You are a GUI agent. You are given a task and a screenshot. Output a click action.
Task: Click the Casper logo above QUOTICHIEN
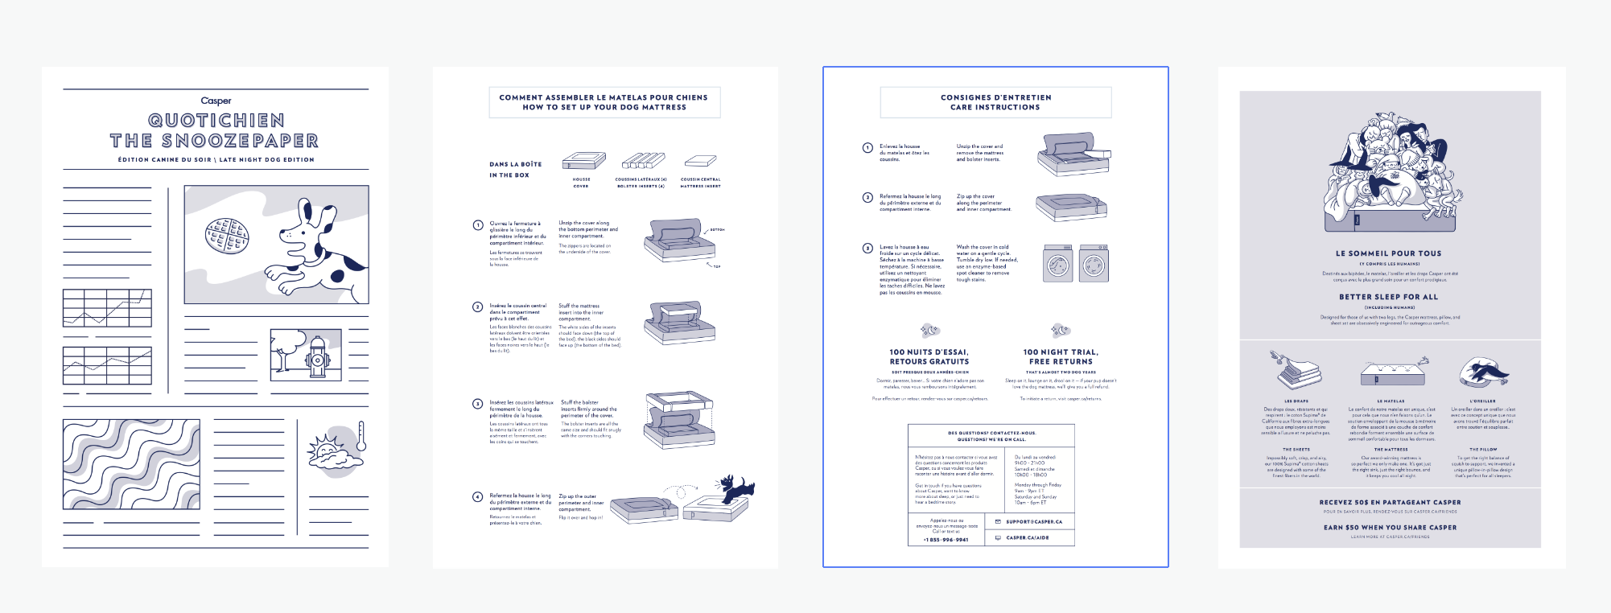(x=216, y=101)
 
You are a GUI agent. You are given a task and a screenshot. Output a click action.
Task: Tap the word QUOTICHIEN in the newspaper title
(x=216, y=121)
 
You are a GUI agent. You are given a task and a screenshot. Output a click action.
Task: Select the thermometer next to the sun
(x=361, y=435)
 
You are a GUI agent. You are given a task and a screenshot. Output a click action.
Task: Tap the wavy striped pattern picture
(x=131, y=464)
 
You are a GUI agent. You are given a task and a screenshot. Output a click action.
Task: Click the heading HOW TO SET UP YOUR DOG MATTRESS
(x=604, y=107)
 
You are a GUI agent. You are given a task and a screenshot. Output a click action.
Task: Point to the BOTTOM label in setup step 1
(x=717, y=229)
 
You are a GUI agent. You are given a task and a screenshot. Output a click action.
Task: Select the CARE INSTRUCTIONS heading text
(x=995, y=107)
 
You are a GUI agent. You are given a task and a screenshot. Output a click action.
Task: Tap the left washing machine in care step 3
(x=1058, y=263)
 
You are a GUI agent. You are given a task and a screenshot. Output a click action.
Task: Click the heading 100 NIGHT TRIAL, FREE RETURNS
(x=1061, y=357)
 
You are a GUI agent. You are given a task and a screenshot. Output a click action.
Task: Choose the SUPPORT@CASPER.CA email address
(x=1034, y=521)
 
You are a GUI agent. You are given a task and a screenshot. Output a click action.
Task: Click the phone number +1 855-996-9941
(x=946, y=540)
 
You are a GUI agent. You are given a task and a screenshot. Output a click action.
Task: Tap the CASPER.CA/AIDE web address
(x=1028, y=537)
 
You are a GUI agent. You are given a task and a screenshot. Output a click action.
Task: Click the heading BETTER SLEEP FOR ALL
(x=1388, y=297)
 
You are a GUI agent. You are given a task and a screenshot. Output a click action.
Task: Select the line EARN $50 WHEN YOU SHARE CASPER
(x=1390, y=528)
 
